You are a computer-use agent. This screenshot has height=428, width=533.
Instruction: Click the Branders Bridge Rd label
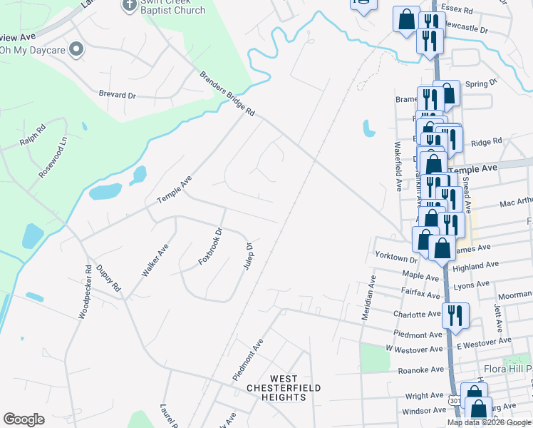(227, 93)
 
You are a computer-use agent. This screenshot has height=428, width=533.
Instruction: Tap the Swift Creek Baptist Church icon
(129, 5)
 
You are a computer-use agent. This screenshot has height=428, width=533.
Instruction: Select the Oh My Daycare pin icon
(77, 49)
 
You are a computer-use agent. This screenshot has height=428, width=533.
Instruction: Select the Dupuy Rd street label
(108, 279)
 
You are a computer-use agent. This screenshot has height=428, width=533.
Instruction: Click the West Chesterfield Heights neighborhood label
(284, 387)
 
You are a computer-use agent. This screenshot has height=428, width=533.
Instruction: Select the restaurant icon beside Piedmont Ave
(455, 315)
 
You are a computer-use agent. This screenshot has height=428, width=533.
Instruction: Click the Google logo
(24, 419)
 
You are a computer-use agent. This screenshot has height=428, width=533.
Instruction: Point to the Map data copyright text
(488, 422)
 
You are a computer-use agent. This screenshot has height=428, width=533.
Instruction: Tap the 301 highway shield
(455, 402)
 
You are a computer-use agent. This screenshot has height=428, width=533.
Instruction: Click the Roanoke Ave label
(420, 370)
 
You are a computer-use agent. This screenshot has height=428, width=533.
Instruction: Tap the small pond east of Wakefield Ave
(368, 128)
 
